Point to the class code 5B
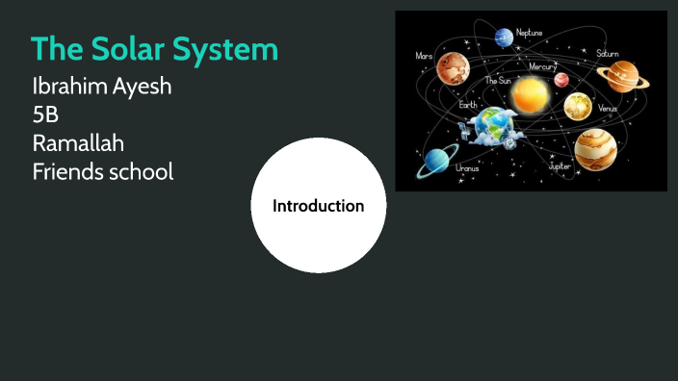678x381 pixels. (x=45, y=116)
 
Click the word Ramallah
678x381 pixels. (x=78, y=144)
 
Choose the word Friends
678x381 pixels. (x=69, y=172)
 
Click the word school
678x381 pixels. (x=143, y=172)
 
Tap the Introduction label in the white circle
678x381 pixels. (x=319, y=206)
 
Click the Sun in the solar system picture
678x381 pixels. (x=529, y=95)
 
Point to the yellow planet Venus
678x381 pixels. (x=577, y=106)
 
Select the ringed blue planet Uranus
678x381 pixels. (x=437, y=161)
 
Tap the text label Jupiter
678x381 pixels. (x=560, y=165)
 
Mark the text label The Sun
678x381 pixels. (x=497, y=82)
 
